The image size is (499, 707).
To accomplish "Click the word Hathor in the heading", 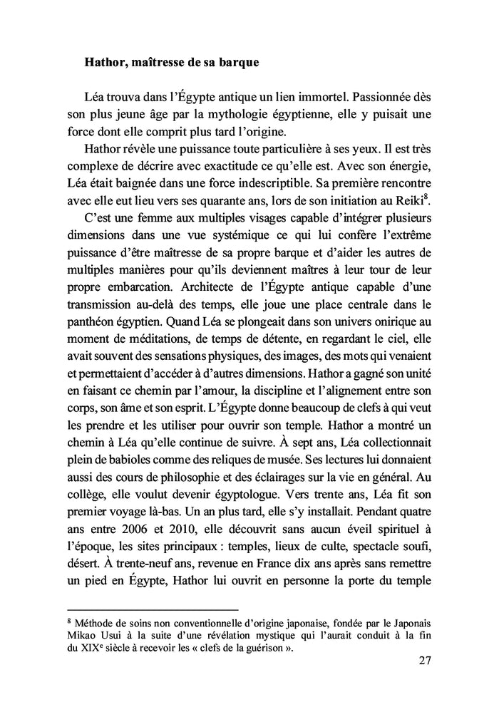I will click(x=105, y=62).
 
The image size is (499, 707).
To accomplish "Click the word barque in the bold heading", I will click(x=236, y=62).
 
